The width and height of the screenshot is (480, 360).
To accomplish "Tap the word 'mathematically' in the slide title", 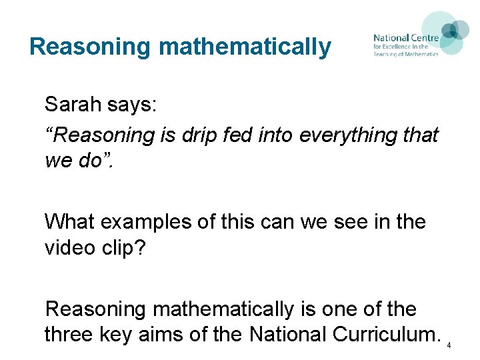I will (x=244, y=47).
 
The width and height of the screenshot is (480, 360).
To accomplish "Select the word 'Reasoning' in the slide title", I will (x=91, y=47).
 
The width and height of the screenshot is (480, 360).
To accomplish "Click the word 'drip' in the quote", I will (x=201, y=135).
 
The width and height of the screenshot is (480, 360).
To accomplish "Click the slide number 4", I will (x=449, y=345).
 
